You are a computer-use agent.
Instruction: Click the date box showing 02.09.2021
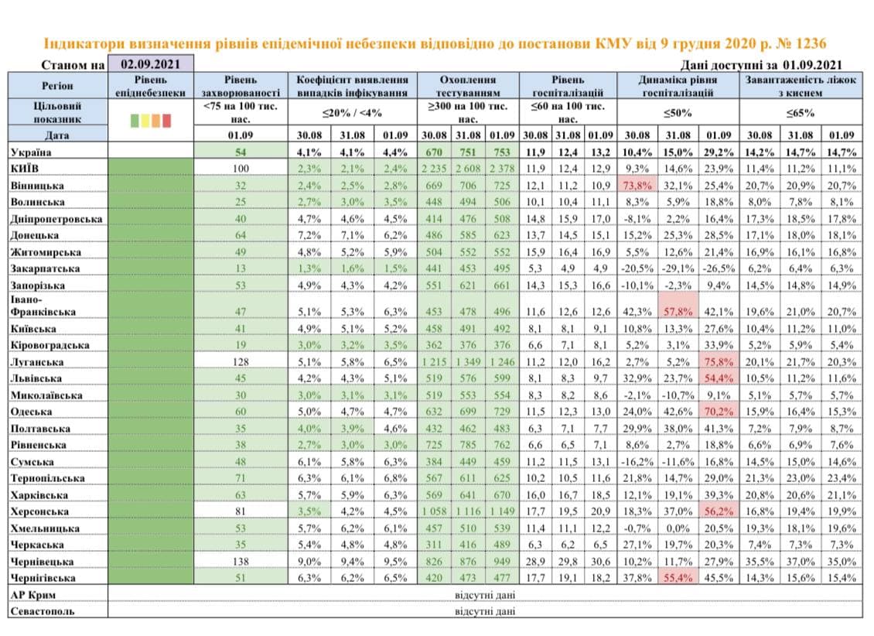click(x=151, y=63)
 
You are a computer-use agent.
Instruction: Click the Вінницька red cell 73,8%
click(x=637, y=185)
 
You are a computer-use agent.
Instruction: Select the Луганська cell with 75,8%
click(x=719, y=361)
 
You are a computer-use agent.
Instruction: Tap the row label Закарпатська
click(x=45, y=268)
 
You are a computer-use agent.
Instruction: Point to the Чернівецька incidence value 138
click(x=241, y=561)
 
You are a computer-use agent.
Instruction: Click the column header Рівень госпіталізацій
click(x=568, y=86)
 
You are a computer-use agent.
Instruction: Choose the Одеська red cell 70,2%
click(x=719, y=412)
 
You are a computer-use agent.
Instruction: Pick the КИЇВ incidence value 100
click(x=241, y=169)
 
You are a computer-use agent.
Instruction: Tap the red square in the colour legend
click(x=166, y=121)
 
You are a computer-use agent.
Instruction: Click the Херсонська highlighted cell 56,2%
click(x=719, y=511)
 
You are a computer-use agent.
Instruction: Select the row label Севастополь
click(x=43, y=611)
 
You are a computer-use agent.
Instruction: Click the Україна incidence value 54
click(x=241, y=152)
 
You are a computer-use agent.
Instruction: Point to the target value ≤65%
click(x=801, y=113)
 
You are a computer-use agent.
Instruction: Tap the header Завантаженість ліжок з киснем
click(x=801, y=86)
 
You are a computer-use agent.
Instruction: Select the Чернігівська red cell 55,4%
click(x=678, y=577)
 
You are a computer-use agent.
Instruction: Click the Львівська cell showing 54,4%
click(x=719, y=378)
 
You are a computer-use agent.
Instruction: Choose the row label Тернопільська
click(x=47, y=478)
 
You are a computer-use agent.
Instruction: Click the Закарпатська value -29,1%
click(x=678, y=268)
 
